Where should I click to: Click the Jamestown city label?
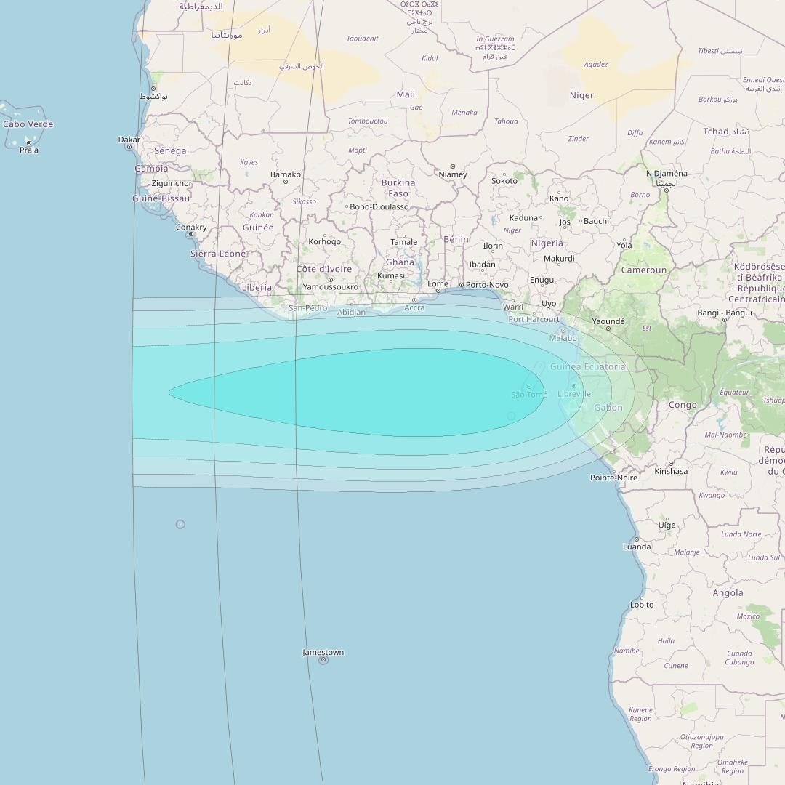[323, 652]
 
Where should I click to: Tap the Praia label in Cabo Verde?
[29, 150]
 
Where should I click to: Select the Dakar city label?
[129, 139]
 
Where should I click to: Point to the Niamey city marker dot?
[453, 166]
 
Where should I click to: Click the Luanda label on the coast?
[637, 547]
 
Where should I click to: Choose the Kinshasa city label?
[670, 471]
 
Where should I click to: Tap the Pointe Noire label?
[613, 478]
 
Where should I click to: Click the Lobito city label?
[642, 605]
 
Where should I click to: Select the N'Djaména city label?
[667, 174]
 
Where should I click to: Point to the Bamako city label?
[285, 174]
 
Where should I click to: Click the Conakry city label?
[191, 227]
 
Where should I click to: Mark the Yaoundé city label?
[608, 321]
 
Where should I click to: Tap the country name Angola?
[728, 592]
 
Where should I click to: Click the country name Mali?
[406, 94]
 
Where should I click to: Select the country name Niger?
[581, 95]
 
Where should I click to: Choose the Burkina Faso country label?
[398, 188]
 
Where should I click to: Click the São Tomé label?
[528, 395]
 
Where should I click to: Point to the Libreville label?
[573, 394]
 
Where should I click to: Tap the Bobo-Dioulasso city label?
[379, 206]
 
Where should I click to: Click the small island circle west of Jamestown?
[180, 524]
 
